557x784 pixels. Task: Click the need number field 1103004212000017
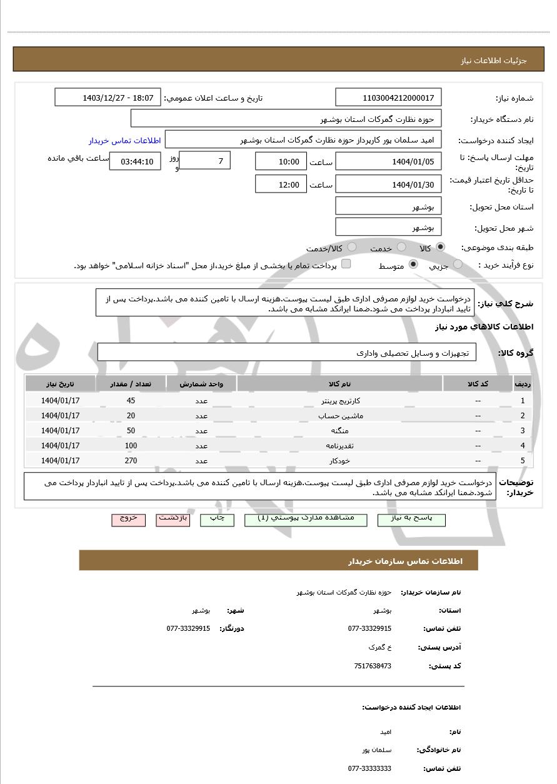(x=388, y=98)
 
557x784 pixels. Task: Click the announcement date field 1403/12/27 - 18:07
(x=108, y=98)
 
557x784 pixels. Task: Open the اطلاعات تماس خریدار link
(x=124, y=141)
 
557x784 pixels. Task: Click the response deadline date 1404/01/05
(x=388, y=161)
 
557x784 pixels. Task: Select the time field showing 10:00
(x=281, y=161)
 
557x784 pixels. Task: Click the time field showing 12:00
(x=281, y=184)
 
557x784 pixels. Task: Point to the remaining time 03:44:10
(x=135, y=161)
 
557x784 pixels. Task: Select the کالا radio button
(x=441, y=247)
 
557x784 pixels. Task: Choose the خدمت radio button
(x=401, y=247)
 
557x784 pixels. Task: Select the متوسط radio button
(x=413, y=264)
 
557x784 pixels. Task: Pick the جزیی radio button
(x=458, y=264)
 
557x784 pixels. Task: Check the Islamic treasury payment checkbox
(x=346, y=264)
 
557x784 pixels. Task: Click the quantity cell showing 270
(x=131, y=461)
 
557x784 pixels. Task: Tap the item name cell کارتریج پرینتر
(x=339, y=401)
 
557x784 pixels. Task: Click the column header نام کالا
(x=339, y=384)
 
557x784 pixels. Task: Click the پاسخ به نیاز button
(x=411, y=519)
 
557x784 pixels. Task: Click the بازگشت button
(x=173, y=519)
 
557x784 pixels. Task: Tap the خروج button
(x=128, y=519)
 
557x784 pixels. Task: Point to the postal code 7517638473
(x=373, y=666)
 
